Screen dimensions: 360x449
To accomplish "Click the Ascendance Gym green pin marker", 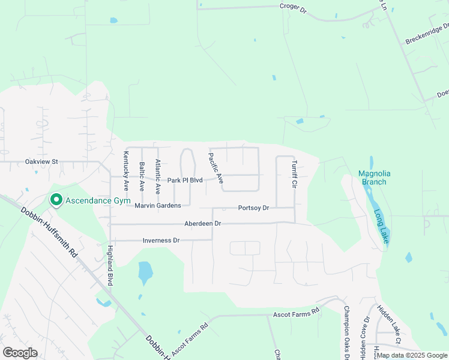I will (56, 199).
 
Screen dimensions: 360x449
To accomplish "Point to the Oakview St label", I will (41, 161).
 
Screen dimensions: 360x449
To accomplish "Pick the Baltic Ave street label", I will (142, 176).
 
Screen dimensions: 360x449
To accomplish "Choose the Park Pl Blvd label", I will (185, 180).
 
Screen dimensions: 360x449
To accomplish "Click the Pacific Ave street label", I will (215, 168).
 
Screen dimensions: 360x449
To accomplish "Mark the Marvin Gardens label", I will (158, 206).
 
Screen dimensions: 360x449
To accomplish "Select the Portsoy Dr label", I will (253, 208).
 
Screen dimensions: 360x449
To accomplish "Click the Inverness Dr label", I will (161, 241).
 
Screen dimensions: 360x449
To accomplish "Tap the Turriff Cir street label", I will (295, 173).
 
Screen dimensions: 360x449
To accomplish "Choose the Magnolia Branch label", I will (372, 178).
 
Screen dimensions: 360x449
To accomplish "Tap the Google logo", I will (20, 353).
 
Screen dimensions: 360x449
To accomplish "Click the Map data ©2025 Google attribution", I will (412, 356).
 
